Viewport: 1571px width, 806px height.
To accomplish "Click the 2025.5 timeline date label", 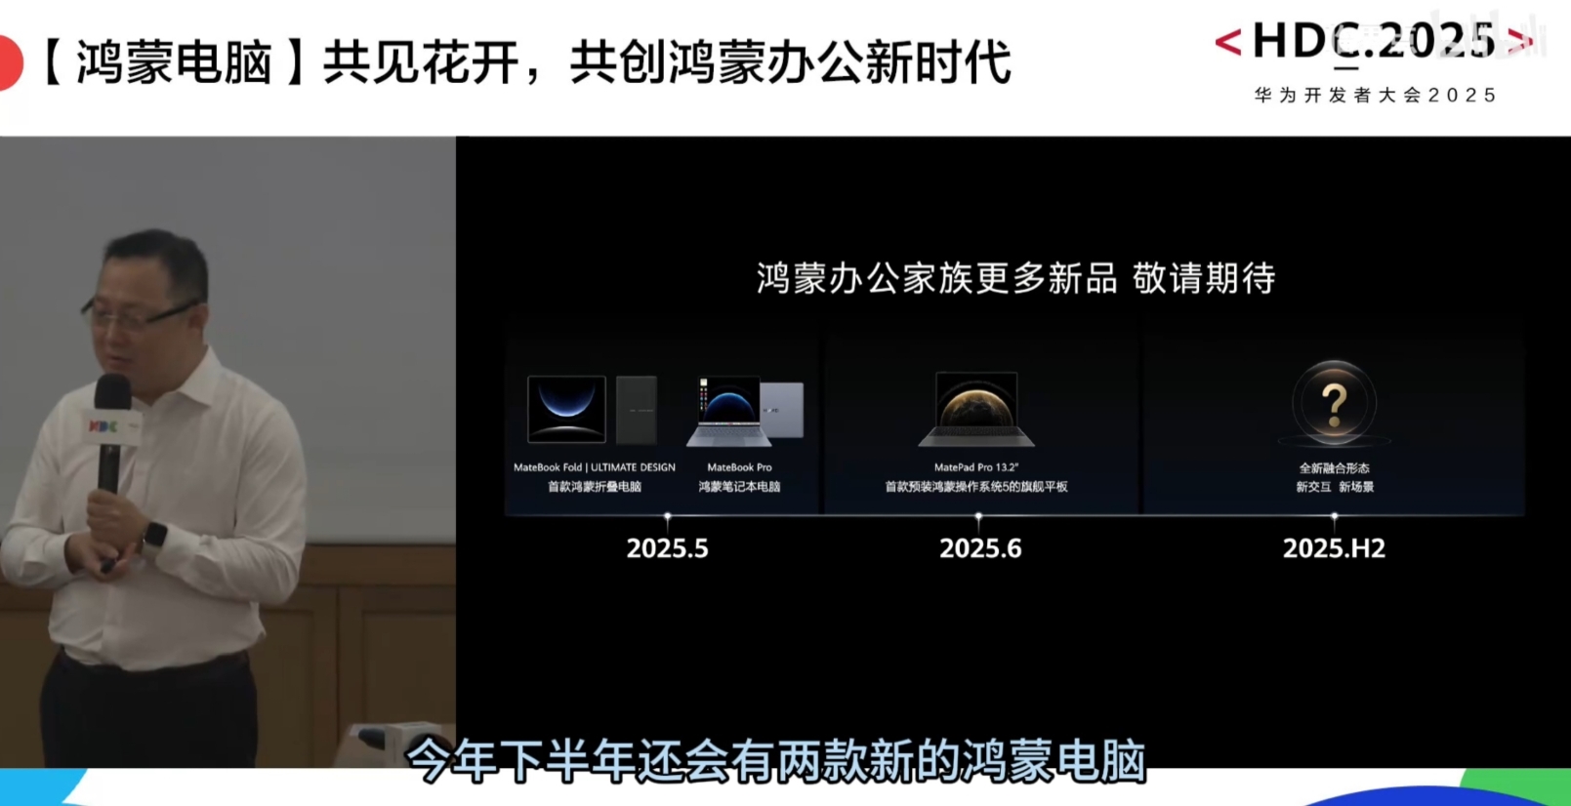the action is (667, 548).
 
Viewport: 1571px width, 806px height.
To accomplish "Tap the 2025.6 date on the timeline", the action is (979, 548).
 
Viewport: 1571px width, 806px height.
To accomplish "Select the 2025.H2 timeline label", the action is (1334, 548).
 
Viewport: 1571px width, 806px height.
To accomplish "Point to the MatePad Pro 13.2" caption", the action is (975, 466).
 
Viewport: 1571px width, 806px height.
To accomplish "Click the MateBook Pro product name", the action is (739, 466).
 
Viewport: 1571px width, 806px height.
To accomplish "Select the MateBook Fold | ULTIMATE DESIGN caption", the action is (594, 466).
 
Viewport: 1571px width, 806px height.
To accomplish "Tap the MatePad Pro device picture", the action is (976, 409).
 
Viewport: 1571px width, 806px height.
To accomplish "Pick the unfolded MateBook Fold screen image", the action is (566, 409).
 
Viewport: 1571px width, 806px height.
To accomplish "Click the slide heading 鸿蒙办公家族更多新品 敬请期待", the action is (1015, 278).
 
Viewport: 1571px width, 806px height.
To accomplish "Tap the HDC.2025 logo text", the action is (1374, 41).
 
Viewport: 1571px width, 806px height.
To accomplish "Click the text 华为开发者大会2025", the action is (1376, 95).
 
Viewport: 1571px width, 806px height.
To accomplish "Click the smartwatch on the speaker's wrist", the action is (154, 538).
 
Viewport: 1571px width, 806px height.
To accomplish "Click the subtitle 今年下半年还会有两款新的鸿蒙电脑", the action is (776, 760).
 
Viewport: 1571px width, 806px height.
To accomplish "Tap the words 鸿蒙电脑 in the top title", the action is (174, 62).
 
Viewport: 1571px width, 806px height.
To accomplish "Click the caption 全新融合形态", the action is (1334, 467).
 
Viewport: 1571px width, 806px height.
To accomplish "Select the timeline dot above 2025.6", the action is (978, 516).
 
